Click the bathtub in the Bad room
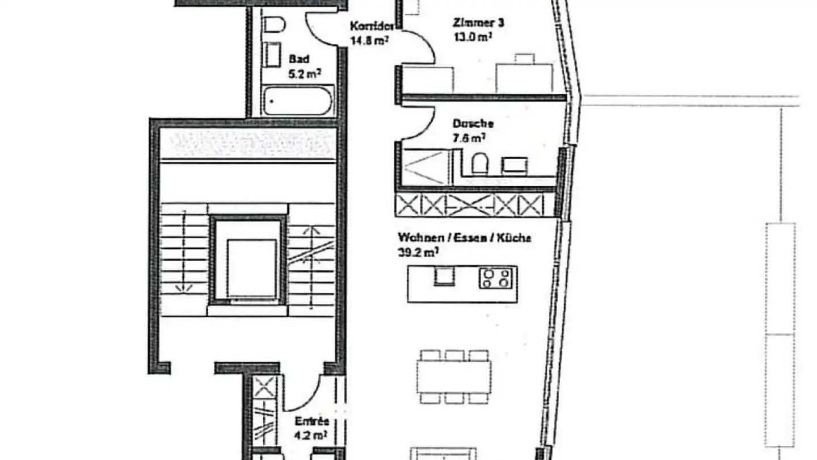click(x=298, y=101)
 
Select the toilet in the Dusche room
click(x=479, y=164)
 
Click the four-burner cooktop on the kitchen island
click(x=496, y=278)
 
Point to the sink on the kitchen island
click(x=444, y=277)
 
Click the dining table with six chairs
click(x=454, y=375)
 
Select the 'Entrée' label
click(x=311, y=421)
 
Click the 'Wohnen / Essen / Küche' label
click(x=464, y=238)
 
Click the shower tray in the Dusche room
click(x=424, y=166)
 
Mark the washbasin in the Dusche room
click(x=514, y=165)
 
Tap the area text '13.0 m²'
click(x=472, y=37)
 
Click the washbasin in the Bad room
click(x=273, y=55)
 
